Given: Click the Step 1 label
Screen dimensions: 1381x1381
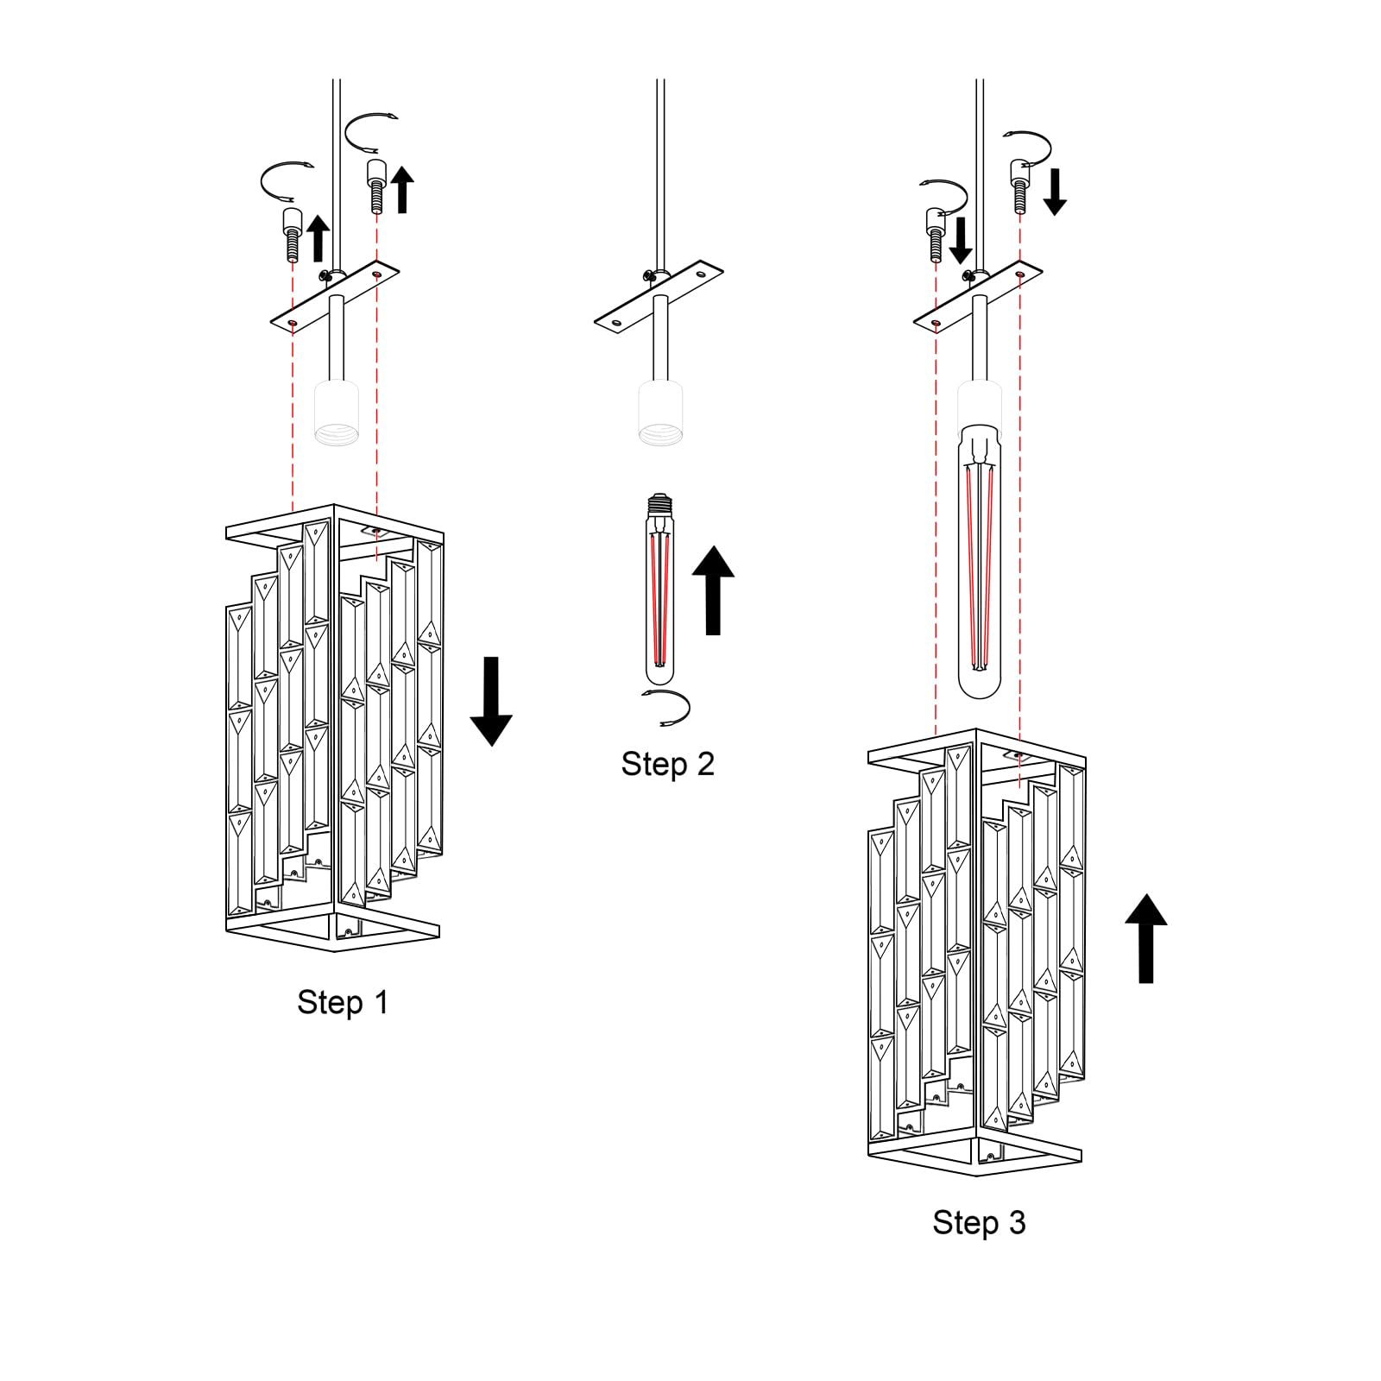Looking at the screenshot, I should pyautogui.click(x=343, y=1002).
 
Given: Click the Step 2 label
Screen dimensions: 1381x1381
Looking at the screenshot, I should pyautogui.click(x=667, y=764).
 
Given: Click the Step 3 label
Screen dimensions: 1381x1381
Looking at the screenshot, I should pyautogui.click(x=979, y=1222).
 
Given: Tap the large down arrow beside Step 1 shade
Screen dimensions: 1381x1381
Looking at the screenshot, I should pyautogui.click(x=491, y=700).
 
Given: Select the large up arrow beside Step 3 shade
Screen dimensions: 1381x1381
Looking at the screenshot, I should pyautogui.click(x=1145, y=938).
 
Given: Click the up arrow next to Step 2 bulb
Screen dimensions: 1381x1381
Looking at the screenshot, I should pyautogui.click(x=713, y=590).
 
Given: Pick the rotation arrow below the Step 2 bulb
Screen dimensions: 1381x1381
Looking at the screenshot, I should pyautogui.click(x=666, y=708).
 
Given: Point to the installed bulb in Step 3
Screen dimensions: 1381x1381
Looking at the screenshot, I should pyautogui.click(x=980, y=561).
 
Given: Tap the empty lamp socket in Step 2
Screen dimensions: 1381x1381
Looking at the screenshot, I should pyautogui.click(x=661, y=414).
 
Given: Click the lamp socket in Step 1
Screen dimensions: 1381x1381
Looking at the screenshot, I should pyautogui.click(x=337, y=414).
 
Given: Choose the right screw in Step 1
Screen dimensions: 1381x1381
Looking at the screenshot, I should pyautogui.click(x=376, y=186).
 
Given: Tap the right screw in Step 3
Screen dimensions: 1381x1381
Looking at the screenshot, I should pyautogui.click(x=1019, y=183).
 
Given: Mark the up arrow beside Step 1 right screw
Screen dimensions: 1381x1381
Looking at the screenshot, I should pyautogui.click(x=402, y=189).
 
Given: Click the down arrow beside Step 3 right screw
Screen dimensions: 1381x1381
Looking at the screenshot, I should pyautogui.click(x=1054, y=192).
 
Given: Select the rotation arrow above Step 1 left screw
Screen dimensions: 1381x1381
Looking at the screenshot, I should pyautogui.click(x=285, y=179).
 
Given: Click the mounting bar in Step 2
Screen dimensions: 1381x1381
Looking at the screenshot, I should pyautogui.click(x=659, y=297).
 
